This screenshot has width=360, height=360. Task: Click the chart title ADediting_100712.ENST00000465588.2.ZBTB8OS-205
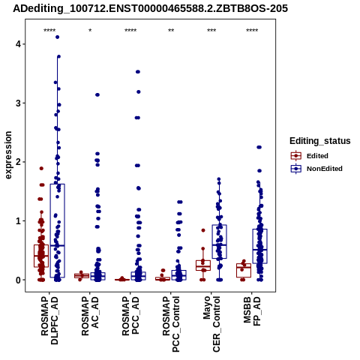pos(150,9)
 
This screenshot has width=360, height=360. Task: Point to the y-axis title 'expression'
pos(8,155)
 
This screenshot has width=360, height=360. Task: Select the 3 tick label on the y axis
pos(18,103)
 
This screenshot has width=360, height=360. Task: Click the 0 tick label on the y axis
pos(18,280)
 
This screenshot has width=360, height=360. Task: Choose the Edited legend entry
pos(310,156)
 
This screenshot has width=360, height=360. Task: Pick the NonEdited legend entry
pos(316,169)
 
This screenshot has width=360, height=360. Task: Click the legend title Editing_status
pos(320,141)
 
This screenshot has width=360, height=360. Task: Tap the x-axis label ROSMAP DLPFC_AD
pos(49,320)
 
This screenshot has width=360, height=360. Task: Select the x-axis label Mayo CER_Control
pos(211,324)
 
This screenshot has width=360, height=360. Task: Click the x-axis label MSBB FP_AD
pos(252,311)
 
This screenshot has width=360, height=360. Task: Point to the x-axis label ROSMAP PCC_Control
pos(171,324)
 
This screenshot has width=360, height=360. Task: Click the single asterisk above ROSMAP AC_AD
pos(90,31)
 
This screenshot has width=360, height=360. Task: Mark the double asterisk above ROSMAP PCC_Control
pos(171,31)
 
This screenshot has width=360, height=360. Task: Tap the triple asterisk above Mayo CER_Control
pos(211,31)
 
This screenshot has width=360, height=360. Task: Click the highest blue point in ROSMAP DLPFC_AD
pos(57,37)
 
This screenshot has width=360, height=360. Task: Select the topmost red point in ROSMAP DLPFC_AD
pos(41,169)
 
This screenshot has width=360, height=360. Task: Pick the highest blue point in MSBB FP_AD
pos(259,147)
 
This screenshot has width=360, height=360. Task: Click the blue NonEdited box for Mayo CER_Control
pos(219,241)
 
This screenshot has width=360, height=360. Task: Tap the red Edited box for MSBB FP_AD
pos(244,270)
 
